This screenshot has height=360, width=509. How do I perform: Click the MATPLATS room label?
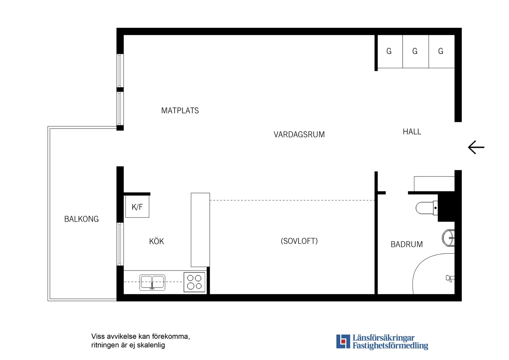tap(180, 111)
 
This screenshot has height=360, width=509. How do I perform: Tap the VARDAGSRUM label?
tap(299, 135)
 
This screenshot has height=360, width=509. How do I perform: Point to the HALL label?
tap(412, 132)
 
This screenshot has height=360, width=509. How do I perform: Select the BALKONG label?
tap(81, 219)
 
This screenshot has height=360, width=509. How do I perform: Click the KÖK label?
tap(156, 241)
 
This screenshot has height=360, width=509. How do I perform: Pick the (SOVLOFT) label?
tap(299, 241)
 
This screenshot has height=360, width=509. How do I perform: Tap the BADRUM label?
tap(406, 245)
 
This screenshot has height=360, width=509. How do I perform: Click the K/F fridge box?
tap(137, 207)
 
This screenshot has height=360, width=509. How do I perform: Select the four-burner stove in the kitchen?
tap(194, 282)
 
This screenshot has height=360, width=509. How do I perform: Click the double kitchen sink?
tap(152, 282)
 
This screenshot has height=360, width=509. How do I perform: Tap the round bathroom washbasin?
tap(449, 238)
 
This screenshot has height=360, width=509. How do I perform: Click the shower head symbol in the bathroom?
tap(449, 278)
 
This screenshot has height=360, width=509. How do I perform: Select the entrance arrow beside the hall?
tap(476, 147)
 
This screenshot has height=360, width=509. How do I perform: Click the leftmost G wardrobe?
tap(389, 51)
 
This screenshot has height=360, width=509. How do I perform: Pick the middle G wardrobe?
tap(415, 51)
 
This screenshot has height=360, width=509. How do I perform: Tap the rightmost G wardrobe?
tap(441, 51)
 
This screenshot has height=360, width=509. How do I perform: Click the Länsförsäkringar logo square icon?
tap(343, 341)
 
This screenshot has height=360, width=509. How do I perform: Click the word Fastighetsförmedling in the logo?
tap(390, 346)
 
